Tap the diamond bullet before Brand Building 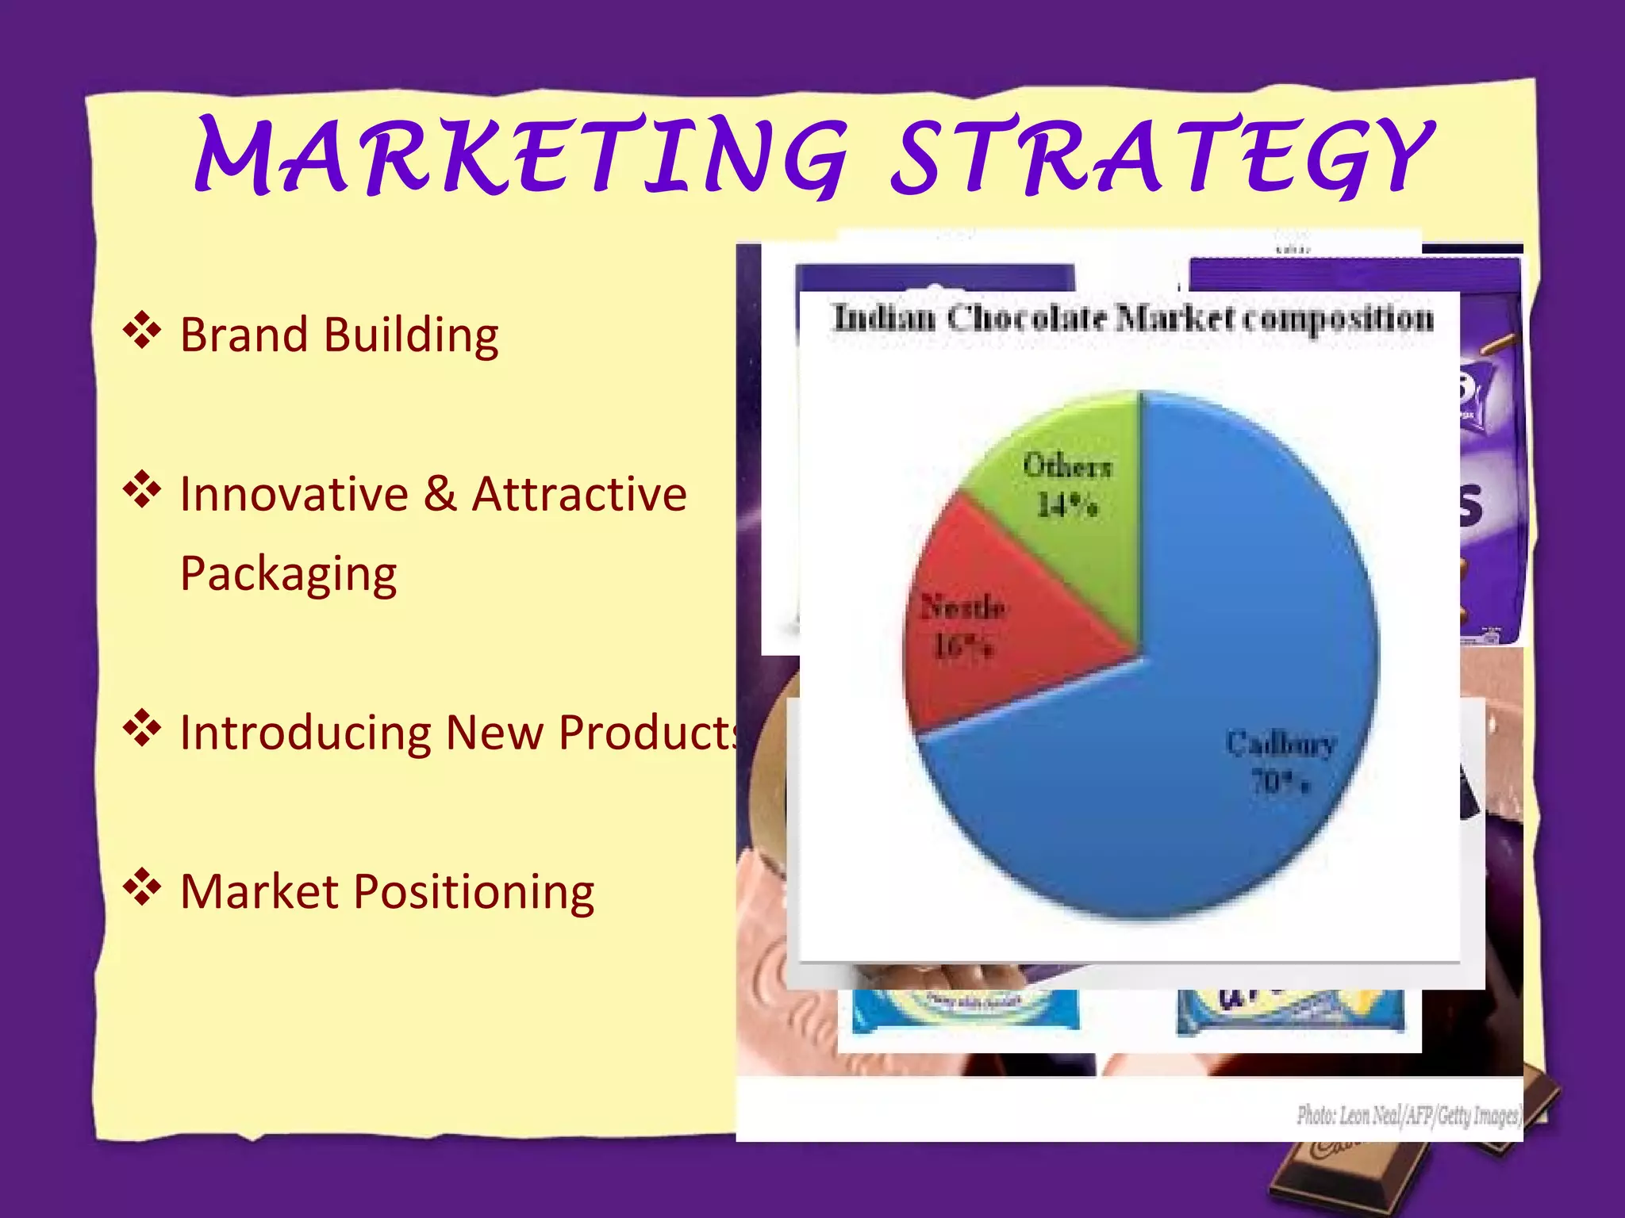click(142, 331)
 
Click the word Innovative click(294, 494)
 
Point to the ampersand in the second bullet click(440, 494)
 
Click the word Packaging click(288, 575)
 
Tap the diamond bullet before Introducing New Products click(142, 729)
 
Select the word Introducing click(305, 733)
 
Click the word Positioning click(474, 892)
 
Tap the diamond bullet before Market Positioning click(142, 887)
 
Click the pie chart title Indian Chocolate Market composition click(1133, 319)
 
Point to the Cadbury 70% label click(1280, 761)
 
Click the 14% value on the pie click(1067, 505)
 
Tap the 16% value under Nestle click(962, 647)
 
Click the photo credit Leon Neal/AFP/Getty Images click(1408, 1116)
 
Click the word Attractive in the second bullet click(579, 494)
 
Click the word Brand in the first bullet click(244, 335)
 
